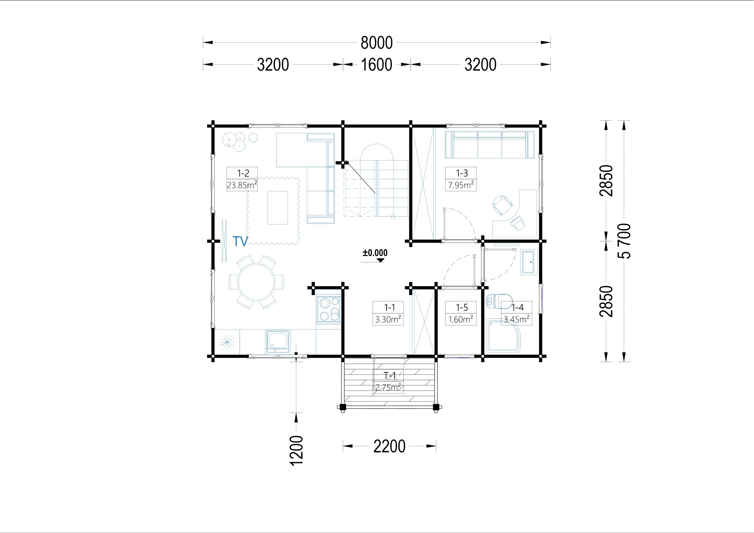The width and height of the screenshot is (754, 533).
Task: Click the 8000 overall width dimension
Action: click(377, 43)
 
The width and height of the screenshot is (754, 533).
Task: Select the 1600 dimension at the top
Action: click(376, 65)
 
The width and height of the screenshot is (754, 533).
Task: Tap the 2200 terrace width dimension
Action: click(389, 446)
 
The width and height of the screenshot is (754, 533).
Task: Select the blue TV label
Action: click(240, 241)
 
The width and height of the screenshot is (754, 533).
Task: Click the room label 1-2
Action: click(243, 173)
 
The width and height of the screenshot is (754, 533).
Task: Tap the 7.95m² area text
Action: click(461, 185)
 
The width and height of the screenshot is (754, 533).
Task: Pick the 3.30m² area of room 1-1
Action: click(388, 319)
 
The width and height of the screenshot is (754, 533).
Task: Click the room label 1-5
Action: click(462, 307)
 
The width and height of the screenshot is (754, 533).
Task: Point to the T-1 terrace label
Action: click(390, 375)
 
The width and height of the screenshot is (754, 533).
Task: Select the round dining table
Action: click(256, 282)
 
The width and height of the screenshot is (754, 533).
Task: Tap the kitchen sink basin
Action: click(278, 341)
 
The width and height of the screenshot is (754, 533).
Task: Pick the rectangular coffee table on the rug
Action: click(277, 208)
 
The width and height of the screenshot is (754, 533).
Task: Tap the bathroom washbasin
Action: click(529, 262)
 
